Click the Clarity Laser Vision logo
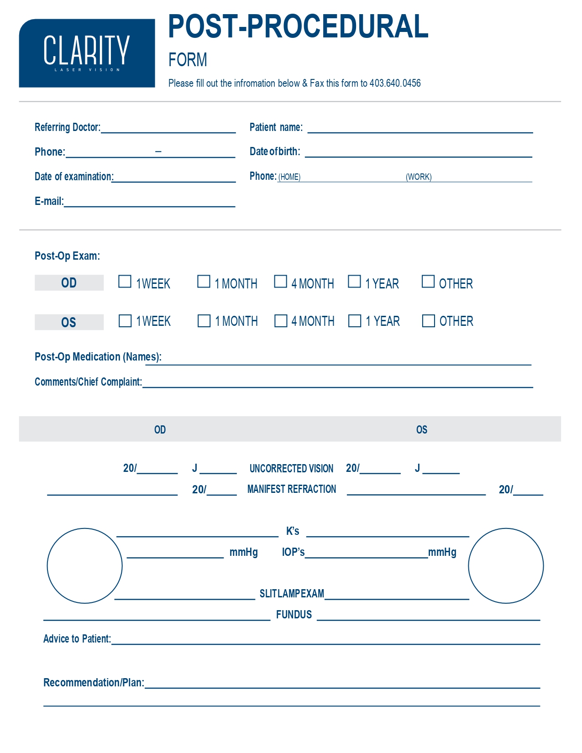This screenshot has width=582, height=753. point(87,53)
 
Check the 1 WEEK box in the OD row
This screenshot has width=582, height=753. point(125,282)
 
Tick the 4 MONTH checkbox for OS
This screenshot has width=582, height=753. point(281,321)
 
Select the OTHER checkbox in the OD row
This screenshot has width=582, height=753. point(428,282)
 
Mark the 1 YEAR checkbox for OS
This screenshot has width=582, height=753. point(355,321)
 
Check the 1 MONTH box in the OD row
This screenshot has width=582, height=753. point(204,282)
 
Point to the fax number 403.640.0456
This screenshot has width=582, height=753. point(395,84)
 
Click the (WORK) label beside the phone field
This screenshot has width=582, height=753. point(419,177)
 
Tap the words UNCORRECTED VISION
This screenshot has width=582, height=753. point(291,469)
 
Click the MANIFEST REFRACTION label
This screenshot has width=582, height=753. point(291,489)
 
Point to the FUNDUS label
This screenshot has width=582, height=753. point(294,615)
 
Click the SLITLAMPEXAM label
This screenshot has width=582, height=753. point(292,594)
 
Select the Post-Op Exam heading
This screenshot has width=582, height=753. point(67,256)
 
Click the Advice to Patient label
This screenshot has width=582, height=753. point(77,639)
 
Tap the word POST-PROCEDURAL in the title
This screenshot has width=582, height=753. point(298,26)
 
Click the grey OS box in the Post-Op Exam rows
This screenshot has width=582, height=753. point(69,322)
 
